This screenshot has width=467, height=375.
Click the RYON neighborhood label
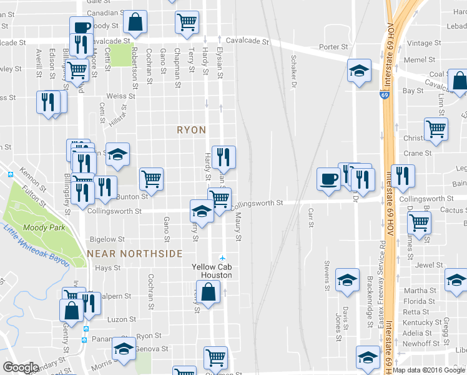tap(192, 130)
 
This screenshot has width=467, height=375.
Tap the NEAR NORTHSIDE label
tap(135, 254)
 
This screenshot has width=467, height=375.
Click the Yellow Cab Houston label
tap(212, 271)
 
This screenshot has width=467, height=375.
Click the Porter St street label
tap(333, 47)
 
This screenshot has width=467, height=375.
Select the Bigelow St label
tap(103, 239)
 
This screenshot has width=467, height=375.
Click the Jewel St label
tap(429, 265)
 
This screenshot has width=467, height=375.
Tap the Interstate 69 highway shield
tap(383, 96)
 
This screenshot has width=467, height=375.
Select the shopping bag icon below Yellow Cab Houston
tap(211, 291)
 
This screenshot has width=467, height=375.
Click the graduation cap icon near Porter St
tap(359, 70)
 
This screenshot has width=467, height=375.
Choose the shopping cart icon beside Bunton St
tap(151, 179)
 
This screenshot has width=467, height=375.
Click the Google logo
tap(21, 367)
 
